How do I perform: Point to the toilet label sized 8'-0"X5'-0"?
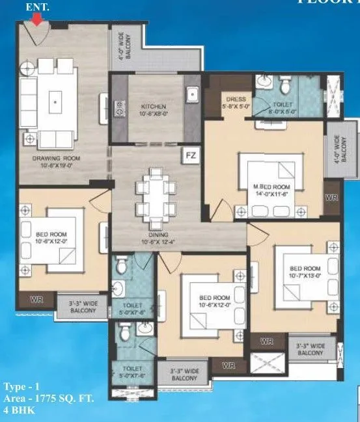click(x=283, y=107)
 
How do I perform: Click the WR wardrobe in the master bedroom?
click(x=332, y=197)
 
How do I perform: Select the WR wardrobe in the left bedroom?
click(x=37, y=300)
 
